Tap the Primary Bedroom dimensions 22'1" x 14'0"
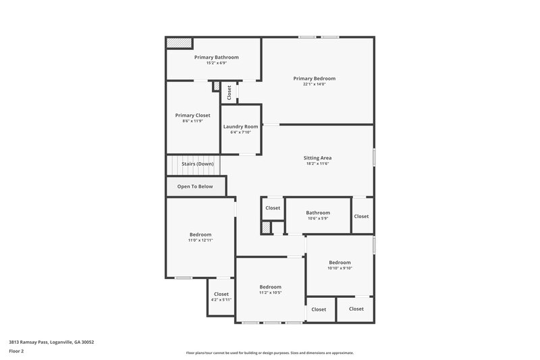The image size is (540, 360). pos(314,84)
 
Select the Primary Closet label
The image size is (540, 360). pos(192,115)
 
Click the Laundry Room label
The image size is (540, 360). pos(241,126)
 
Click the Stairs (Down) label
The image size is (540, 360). pos(198,164)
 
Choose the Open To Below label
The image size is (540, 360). pos(195,186)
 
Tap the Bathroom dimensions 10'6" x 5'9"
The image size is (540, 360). pos(318,218)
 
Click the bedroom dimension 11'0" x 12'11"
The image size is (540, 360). pos(200,240)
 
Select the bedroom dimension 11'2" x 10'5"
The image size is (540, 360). pos(270,292)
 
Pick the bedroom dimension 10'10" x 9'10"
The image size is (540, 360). pos(340,268)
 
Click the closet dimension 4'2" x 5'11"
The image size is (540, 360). pos(221,299)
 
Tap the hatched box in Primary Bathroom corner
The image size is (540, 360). pos(180,43)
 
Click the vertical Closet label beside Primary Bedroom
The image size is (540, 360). pos(230,93)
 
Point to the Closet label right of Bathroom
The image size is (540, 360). pos(362,216)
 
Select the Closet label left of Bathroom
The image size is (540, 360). pos(273,208)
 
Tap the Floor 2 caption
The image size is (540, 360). pos(16,351)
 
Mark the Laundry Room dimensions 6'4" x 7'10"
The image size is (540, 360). pos(241,132)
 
